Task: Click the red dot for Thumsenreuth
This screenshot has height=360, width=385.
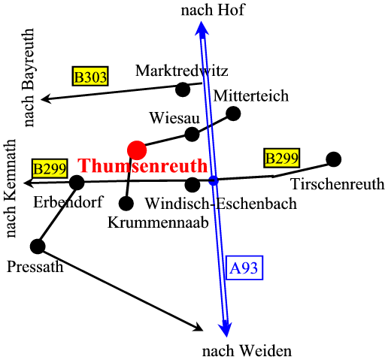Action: pyautogui.click(x=137, y=150)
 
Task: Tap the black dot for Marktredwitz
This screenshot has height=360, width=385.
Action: pyautogui.click(x=183, y=89)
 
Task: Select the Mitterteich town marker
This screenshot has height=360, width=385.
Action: pyautogui.click(x=233, y=113)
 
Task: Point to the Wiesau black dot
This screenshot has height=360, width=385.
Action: pyautogui.click(x=192, y=135)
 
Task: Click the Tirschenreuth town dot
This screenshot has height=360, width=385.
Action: pyautogui.click(x=334, y=159)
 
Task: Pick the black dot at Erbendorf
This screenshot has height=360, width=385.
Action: pyautogui.click(x=77, y=183)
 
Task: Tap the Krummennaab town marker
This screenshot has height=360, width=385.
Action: pyautogui.click(x=126, y=203)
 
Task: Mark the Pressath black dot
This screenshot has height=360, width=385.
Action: pyautogui.click(x=38, y=247)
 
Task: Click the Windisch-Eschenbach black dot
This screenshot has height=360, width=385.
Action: pyautogui.click(x=192, y=185)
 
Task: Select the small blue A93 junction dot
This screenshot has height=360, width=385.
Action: pyautogui.click(x=214, y=180)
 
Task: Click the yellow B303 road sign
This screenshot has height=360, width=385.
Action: pyautogui.click(x=90, y=76)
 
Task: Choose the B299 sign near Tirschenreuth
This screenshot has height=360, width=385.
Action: pyautogui.click(x=282, y=158)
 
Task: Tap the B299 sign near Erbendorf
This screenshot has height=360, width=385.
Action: pyautogui.click(x=50, y=168)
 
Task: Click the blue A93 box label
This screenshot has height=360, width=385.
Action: pyautogui.click(x=244, y=268)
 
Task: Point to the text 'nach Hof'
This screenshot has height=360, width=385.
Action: pyautogui.click(x=213, y=11)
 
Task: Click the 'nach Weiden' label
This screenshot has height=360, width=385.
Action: pyautogui.click(x=247, y=351)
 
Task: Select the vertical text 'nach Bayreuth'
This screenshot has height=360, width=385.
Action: pyautogui.click(x=28, y=77)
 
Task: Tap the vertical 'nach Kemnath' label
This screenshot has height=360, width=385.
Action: pyautogui.click(x=10, y=188)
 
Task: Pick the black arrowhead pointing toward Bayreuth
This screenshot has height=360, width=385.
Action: pyautogui.click(x=47, y=98)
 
